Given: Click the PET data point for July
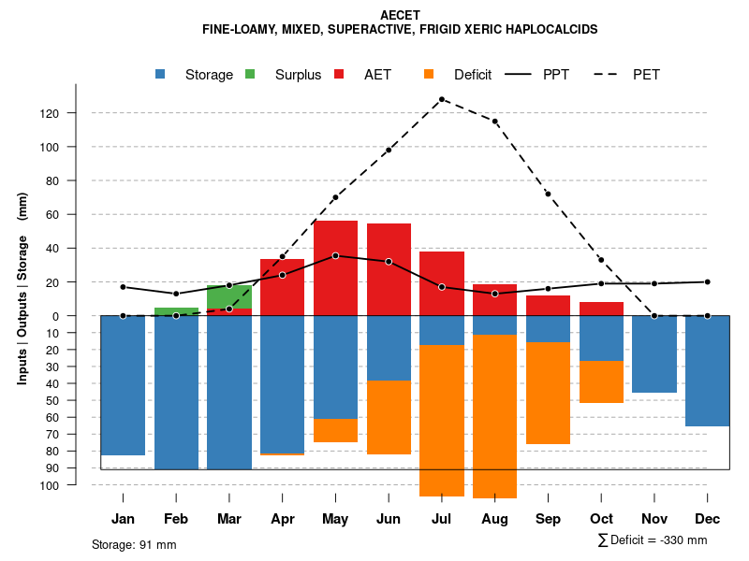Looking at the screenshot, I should (442, 99).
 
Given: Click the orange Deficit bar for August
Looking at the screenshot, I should (495, 416).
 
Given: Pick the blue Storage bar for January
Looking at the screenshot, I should (123, 385).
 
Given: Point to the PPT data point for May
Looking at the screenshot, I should (335, 255).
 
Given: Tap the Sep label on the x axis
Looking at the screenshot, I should (548, 519).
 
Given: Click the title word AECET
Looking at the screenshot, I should (401, 15).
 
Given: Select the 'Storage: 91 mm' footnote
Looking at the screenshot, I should (134, 544).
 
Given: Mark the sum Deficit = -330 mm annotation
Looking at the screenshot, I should (653, 540).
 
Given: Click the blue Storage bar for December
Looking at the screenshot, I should (708, 371).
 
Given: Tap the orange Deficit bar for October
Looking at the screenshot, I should (601, 381).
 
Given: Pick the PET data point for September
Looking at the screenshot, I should (548, 194).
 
